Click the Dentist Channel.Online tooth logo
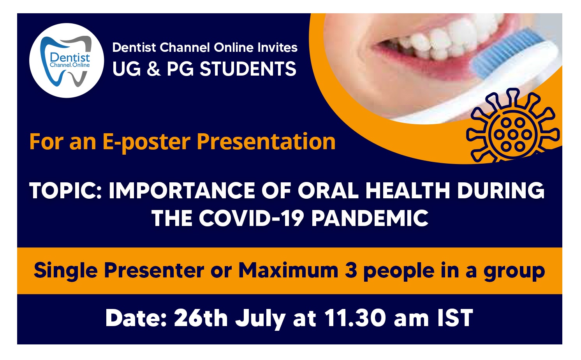point(67,60)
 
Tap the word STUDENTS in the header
point(248,69)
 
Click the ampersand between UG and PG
point(153,69)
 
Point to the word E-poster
point(146,143)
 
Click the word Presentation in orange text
point(266,142)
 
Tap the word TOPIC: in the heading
point(65,191)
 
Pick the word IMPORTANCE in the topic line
point(182,191)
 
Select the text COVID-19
point(251,218)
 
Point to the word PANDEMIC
point(370,218)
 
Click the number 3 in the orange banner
point(351,270)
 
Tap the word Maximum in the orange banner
point(289,270)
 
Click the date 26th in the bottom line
point(201,318)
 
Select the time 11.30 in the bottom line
point(355,318)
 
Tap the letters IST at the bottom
point(455,318)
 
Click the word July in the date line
point(261,319)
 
